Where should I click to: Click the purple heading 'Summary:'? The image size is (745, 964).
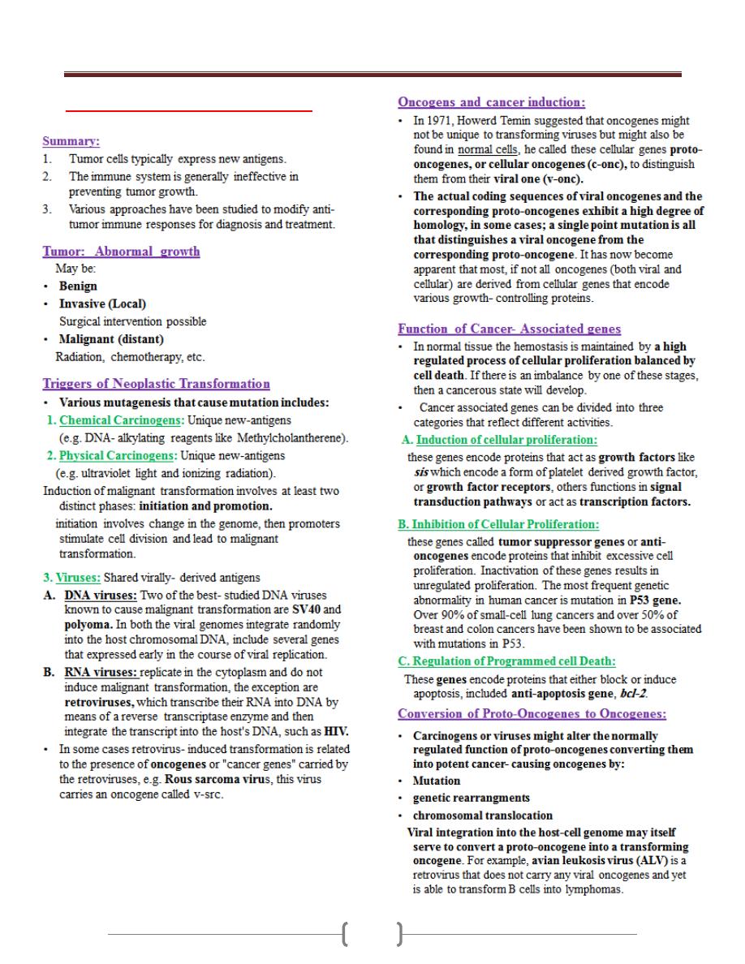[x=71, y=140]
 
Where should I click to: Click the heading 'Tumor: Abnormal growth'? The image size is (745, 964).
[x=121, y=252]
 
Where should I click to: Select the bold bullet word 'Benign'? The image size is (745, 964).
[x=78, y=286]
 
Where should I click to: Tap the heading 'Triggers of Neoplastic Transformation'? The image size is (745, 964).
[x=156, y=384]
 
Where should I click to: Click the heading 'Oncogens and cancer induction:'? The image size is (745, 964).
[x=491, y=102]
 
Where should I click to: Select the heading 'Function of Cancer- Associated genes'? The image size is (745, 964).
[x=509, y=329]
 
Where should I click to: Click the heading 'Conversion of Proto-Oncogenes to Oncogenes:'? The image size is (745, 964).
[x=532, y=714]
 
